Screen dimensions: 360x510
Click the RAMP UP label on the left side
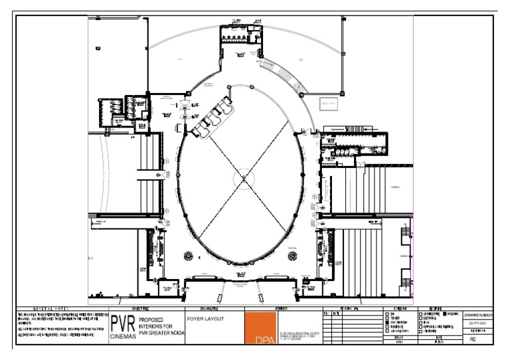[102, 221]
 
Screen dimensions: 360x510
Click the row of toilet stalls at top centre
[234, 39]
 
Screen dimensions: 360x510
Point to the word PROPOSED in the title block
[152, 319]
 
